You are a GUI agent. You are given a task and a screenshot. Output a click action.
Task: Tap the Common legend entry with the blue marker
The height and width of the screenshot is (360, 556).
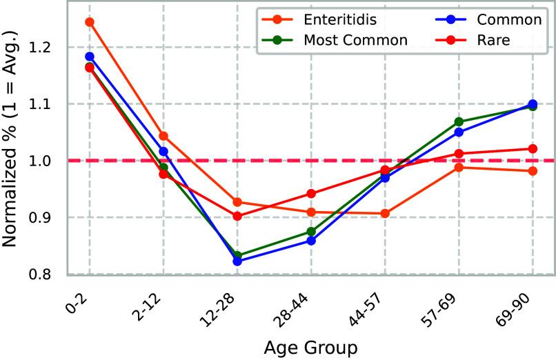(x=490, y=19)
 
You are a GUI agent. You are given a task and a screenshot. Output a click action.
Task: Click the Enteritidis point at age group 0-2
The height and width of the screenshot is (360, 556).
(x=90, y=21)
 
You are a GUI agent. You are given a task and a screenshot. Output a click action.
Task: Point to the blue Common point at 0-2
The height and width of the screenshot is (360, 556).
(x=90, y=57)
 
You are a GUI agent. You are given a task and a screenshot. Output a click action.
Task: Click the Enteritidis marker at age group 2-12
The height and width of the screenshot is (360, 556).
(x=163, y=136)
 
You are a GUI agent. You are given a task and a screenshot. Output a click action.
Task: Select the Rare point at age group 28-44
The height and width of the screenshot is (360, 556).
(x=311, y=194)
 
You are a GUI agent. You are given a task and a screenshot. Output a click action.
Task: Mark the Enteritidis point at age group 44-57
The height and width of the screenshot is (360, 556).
(x=385, y=214)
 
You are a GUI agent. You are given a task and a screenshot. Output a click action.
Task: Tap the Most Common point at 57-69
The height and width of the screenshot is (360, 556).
(x=459, y=122)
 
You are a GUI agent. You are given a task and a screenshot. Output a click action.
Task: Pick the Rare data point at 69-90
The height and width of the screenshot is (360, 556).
(x=533, y=148)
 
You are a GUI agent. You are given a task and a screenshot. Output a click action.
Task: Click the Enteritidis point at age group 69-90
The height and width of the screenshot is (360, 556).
(x=533, y=171)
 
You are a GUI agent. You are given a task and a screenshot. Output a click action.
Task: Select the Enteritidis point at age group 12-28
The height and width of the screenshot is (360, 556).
(x=237, y=202)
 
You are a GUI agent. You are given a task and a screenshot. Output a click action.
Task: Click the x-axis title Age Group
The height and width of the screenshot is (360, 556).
(x=311, y=347)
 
